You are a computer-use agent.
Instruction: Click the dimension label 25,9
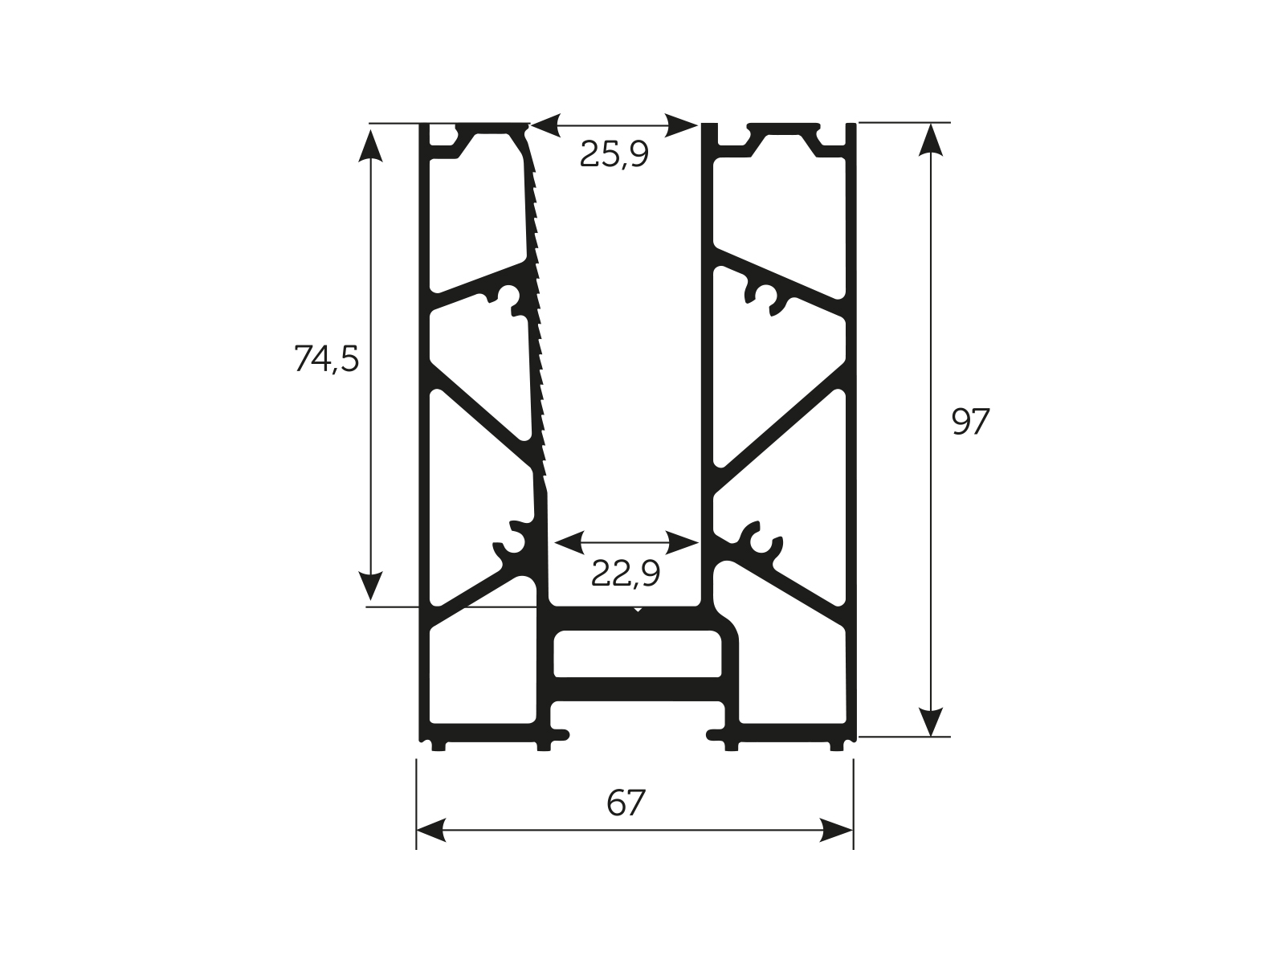tap(614, 154)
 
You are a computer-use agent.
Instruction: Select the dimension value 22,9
tap(626, 573)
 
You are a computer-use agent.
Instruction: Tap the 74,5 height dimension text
tap(325, 359)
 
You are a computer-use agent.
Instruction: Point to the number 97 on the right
tap(969, 422)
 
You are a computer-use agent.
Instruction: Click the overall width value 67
tap(626, 803)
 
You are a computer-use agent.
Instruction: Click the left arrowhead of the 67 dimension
tap(430, 830)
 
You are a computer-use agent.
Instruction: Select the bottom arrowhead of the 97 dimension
tap(931, 721)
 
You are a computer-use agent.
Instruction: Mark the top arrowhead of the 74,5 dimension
tap(370, 141)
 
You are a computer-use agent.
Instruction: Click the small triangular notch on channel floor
tap(638, 610)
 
